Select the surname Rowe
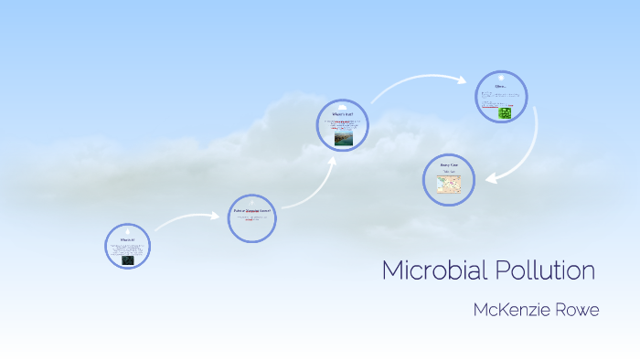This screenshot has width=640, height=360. pyautogui.click(x=575, y=311)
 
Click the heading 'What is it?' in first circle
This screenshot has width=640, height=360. pyautogui.click(x=127, y=239)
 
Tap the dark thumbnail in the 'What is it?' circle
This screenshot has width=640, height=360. pyautogui.click(x=127, y=259)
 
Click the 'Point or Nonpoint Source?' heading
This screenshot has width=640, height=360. pyautogui.click(x=252, y=211)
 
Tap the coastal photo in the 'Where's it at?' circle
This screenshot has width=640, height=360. pyautogui.click(x=343, y=139)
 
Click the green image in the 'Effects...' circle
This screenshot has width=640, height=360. pyautogui.click(x=505, y=112)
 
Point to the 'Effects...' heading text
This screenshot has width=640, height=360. pyautogui.click(x=500, y=87)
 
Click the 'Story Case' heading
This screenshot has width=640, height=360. pyautogui.click(x=449, y=164)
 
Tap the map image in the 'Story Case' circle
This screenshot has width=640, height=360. pyautogui.click(x=449, y=185)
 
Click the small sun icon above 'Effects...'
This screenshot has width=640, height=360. pyautogui.click(x=501, y=79)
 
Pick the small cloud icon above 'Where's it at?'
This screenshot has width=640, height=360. pyautogui.click(x=343, y=106)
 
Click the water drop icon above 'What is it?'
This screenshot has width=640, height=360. pyautogui.click(x=127, y=231)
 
